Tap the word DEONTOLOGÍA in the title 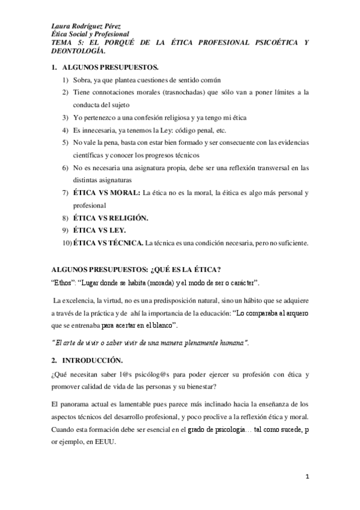click(x=78, y=52)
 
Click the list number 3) click(x=66, y=117)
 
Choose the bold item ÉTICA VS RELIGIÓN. click(x=111, y=217)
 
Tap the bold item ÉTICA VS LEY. click(x=100, y=230)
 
